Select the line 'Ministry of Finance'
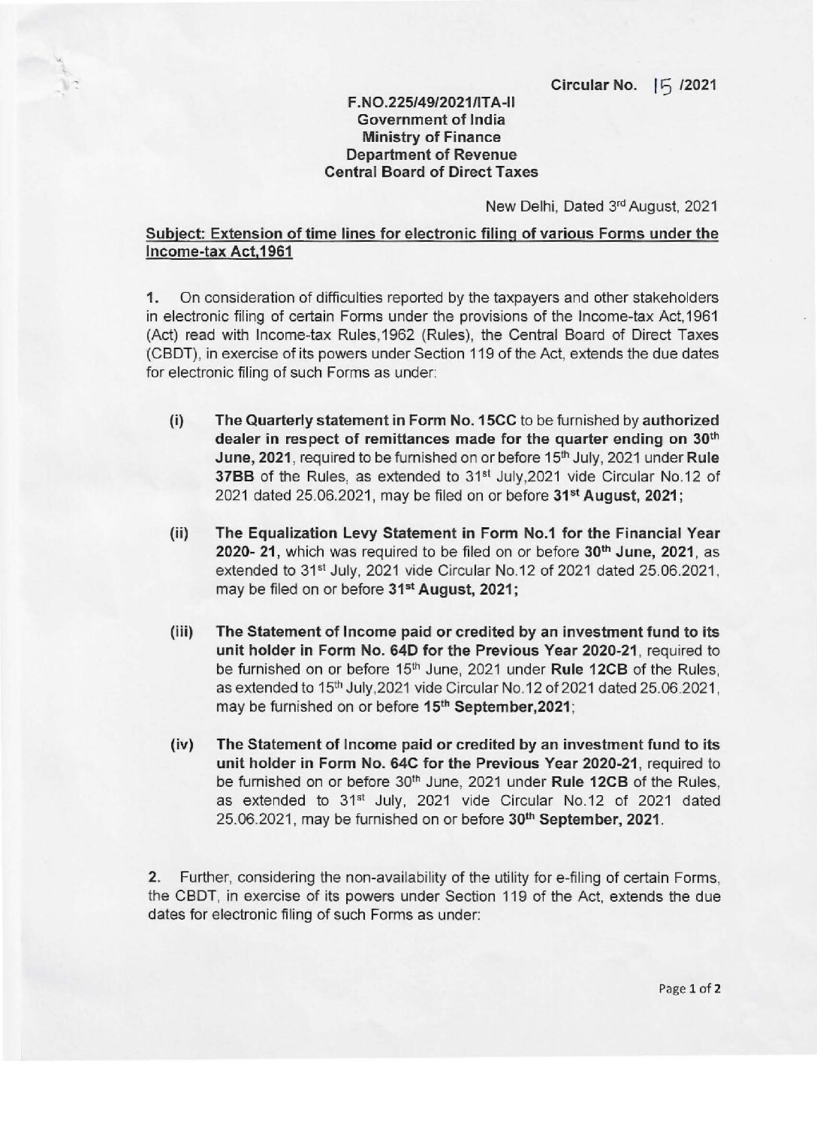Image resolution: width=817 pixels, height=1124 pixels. pos(431,137)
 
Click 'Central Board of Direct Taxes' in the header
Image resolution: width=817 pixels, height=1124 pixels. pos(431,172)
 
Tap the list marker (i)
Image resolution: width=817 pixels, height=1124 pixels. pos(176,420)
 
